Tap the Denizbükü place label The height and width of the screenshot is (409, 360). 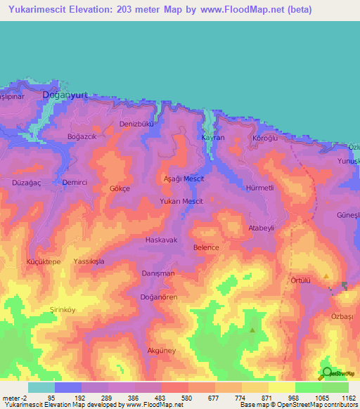136,124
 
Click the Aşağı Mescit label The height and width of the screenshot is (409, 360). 184,179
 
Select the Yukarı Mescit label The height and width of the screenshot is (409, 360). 182,201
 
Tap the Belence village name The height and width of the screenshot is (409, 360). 206,247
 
